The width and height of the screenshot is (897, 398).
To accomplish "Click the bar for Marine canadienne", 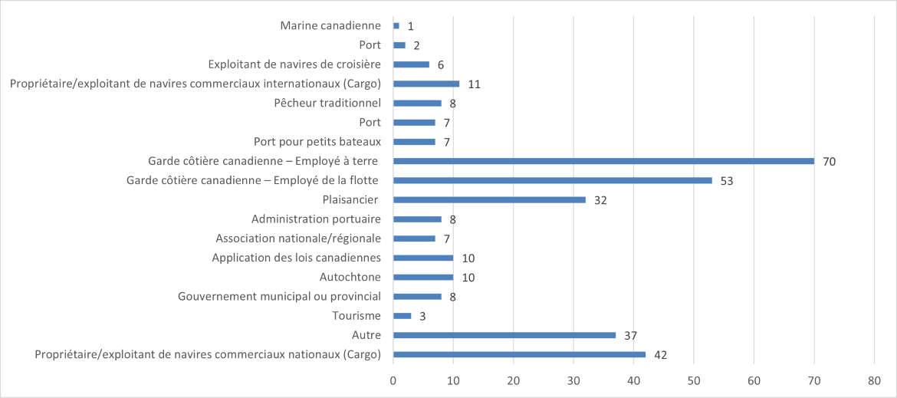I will [396, 26].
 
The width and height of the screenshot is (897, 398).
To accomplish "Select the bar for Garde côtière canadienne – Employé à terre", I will [603, 161].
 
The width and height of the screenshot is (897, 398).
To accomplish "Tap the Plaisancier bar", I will [489, 200].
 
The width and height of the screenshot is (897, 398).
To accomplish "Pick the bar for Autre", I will [504, 335].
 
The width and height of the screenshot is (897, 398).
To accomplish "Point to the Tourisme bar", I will [402, 316].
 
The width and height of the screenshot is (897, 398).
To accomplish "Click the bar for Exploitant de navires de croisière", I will [411, 64].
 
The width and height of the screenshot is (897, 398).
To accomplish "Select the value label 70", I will [829, 162].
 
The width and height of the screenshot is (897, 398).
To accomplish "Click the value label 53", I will [727, 181].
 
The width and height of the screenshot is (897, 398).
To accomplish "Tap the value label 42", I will [660, 355].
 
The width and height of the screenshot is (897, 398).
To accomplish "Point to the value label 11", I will [474, 84].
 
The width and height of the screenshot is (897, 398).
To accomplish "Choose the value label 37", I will [630, 336].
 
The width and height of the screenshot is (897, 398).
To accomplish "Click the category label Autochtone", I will [350, 277].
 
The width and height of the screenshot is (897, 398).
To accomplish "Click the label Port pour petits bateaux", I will [317, 142].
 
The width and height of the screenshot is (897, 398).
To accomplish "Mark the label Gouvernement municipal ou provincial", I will [279, 297].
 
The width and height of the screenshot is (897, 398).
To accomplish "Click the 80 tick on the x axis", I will [874, 380].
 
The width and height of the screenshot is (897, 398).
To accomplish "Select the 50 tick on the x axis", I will [694, 380].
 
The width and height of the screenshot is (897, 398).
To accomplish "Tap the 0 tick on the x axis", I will [393, 380].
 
